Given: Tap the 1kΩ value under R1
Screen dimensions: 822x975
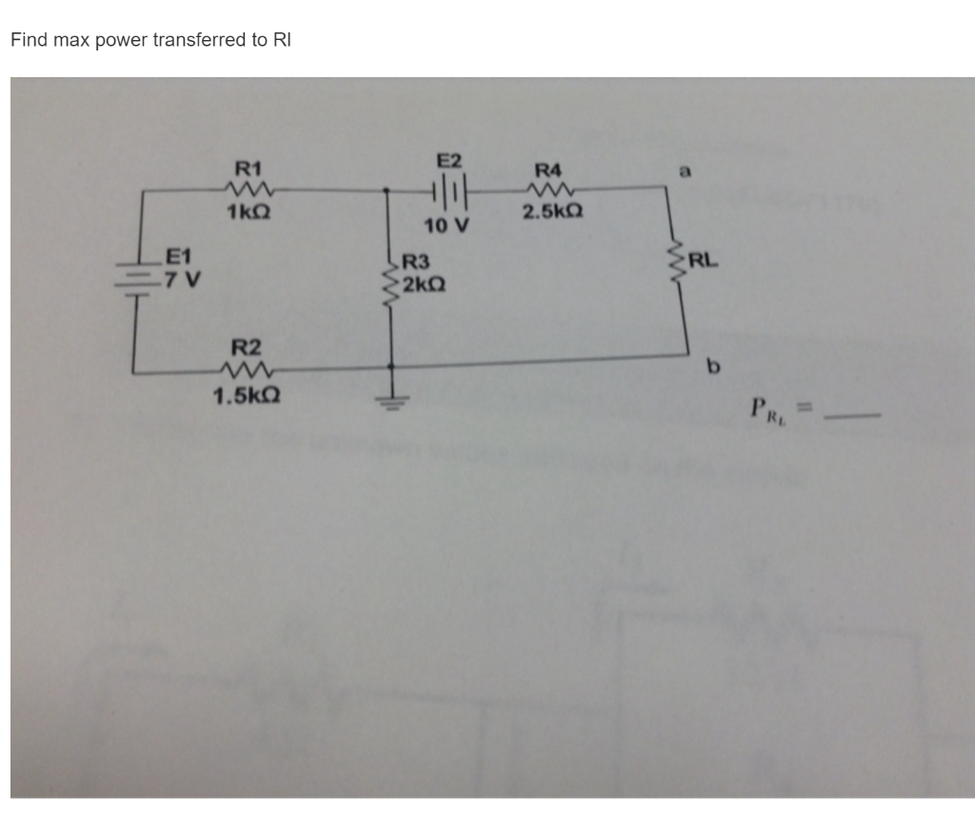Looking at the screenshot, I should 248,212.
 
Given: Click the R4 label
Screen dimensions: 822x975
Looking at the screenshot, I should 549,170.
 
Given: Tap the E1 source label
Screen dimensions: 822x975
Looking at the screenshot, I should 179,255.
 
